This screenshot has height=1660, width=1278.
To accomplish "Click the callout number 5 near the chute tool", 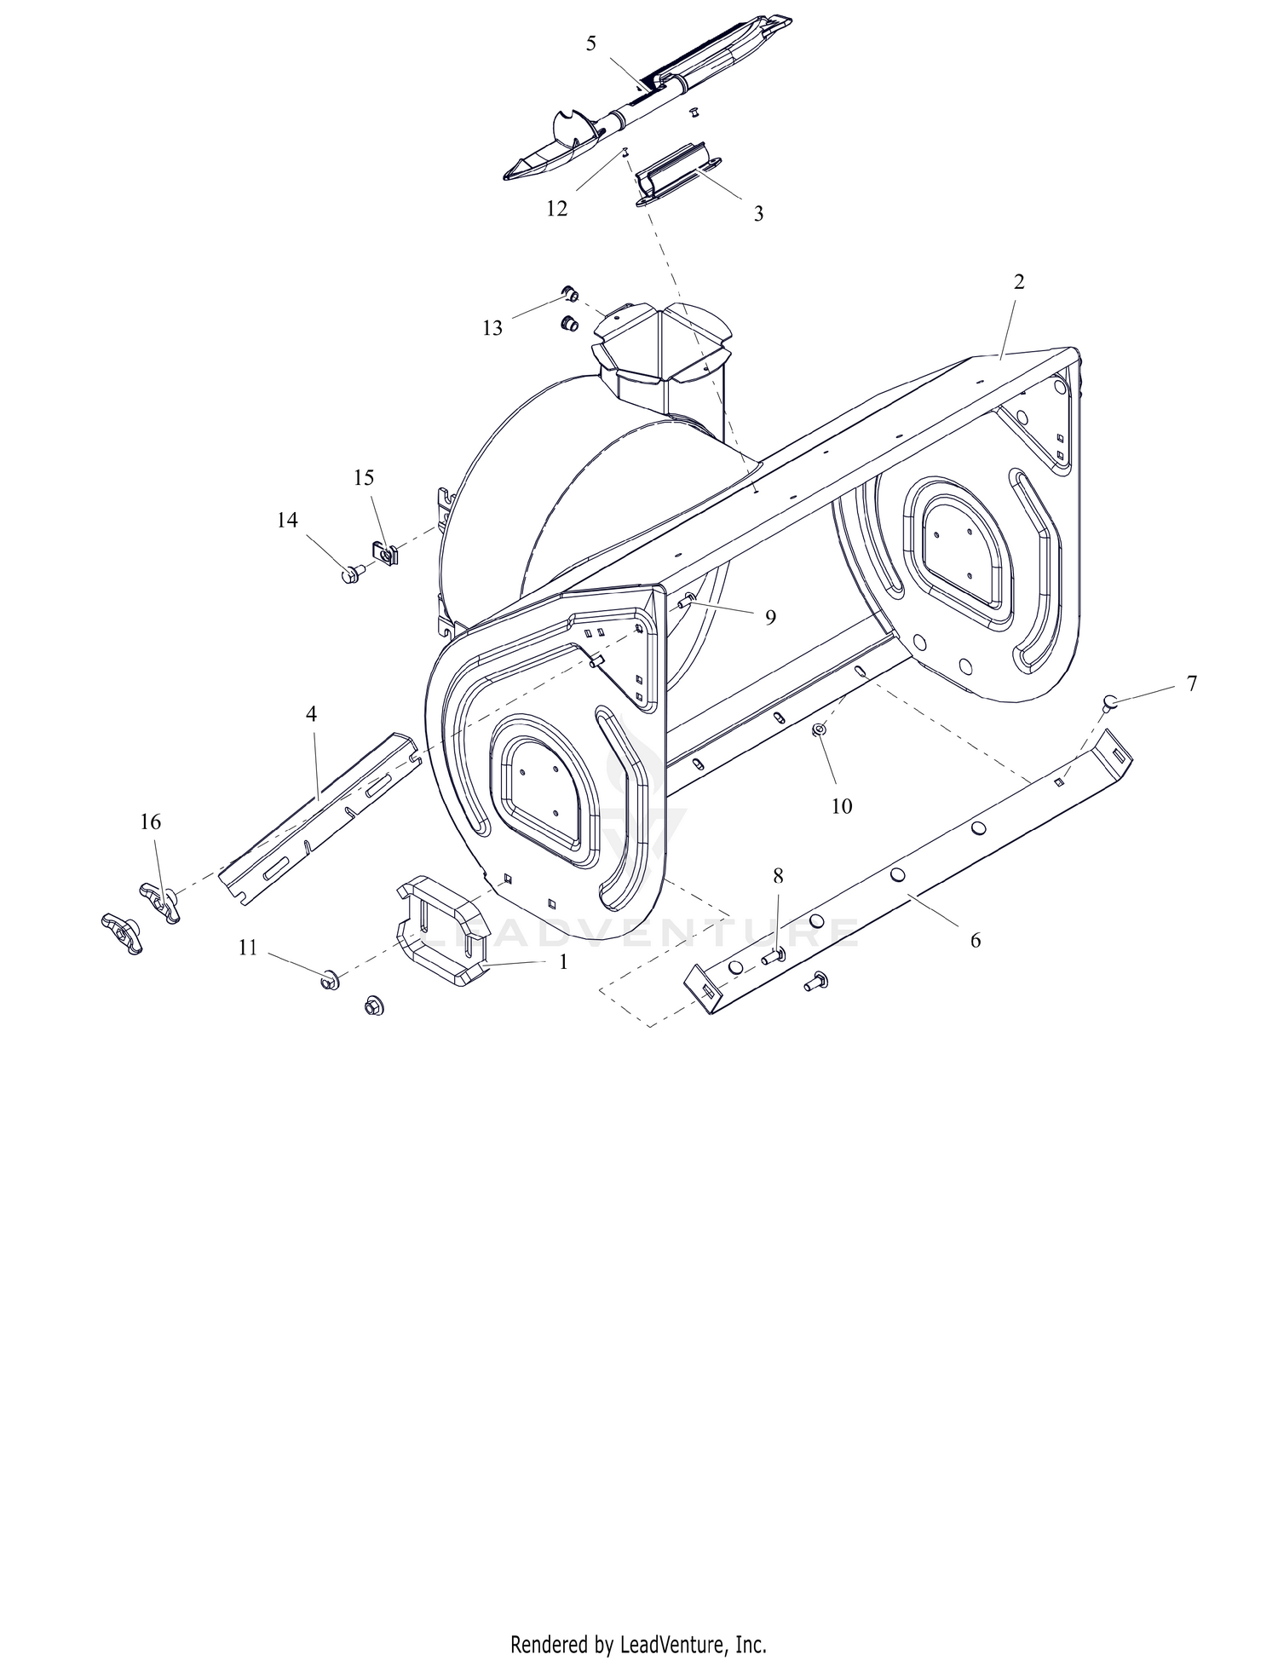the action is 591,44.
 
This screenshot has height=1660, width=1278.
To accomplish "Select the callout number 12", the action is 556,209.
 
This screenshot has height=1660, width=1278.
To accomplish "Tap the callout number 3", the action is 758,214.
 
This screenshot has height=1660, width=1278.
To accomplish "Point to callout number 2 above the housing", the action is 1019,282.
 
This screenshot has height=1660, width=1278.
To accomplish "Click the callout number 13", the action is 492,328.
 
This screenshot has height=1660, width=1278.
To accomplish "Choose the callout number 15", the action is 364,478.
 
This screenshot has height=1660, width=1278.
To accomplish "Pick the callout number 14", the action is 287,520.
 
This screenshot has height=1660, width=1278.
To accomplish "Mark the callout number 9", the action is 770,618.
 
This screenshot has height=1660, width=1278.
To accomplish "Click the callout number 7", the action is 1191,683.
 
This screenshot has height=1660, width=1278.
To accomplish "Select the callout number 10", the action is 842,806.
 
